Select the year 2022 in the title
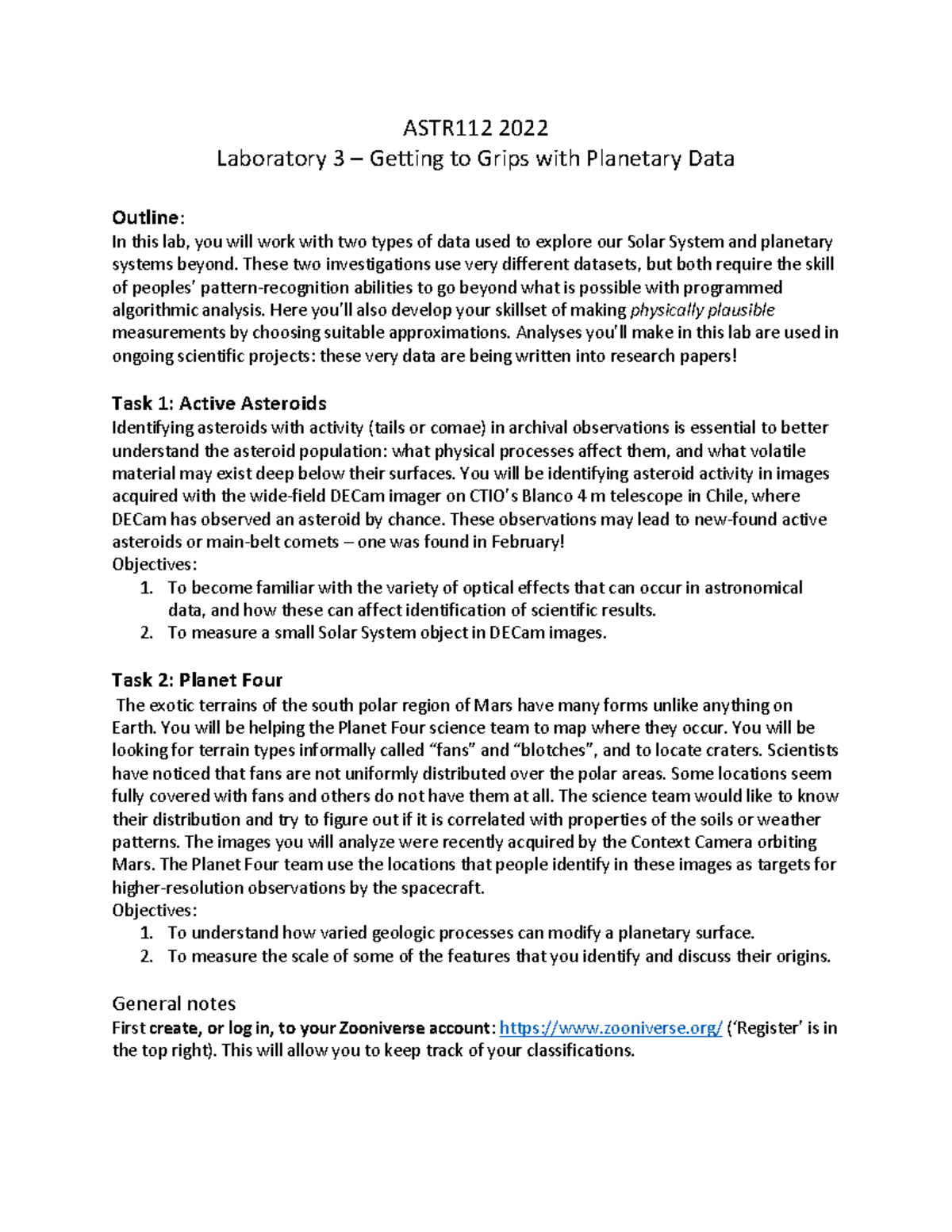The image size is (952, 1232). pyautogui.click(x=523, y=127)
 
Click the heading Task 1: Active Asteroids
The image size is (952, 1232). pyautogui.click(x=219, y=403)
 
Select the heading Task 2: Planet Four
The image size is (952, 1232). pyautogui.click(x=197, y=680)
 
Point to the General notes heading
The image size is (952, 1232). pyautogui.click(x=174, y=1004)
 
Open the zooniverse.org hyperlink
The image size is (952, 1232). pyautogui.click(x=611, y=1028)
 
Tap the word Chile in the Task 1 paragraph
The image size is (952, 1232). pyautogui.click(x=724, y=497)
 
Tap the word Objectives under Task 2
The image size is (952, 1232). pyautogui.click(x=154, y=910)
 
